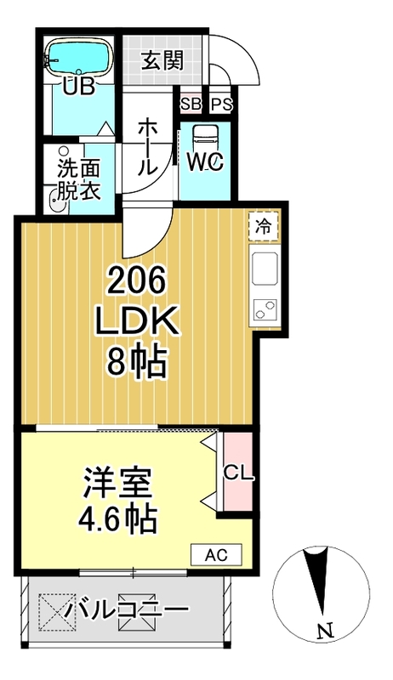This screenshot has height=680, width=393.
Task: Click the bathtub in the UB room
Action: [x=78, y=59]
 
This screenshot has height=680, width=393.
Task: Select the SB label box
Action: [x=190, y=105]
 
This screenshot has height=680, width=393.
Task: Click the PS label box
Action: [x=220, y=105]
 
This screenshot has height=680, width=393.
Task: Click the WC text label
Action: [x=205, y=162]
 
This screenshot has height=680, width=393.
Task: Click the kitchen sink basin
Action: [x=263, y=270]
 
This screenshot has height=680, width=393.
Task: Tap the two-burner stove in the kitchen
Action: [x=263, y=309]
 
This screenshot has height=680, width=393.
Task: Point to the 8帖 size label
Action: [x=136, y=364]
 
